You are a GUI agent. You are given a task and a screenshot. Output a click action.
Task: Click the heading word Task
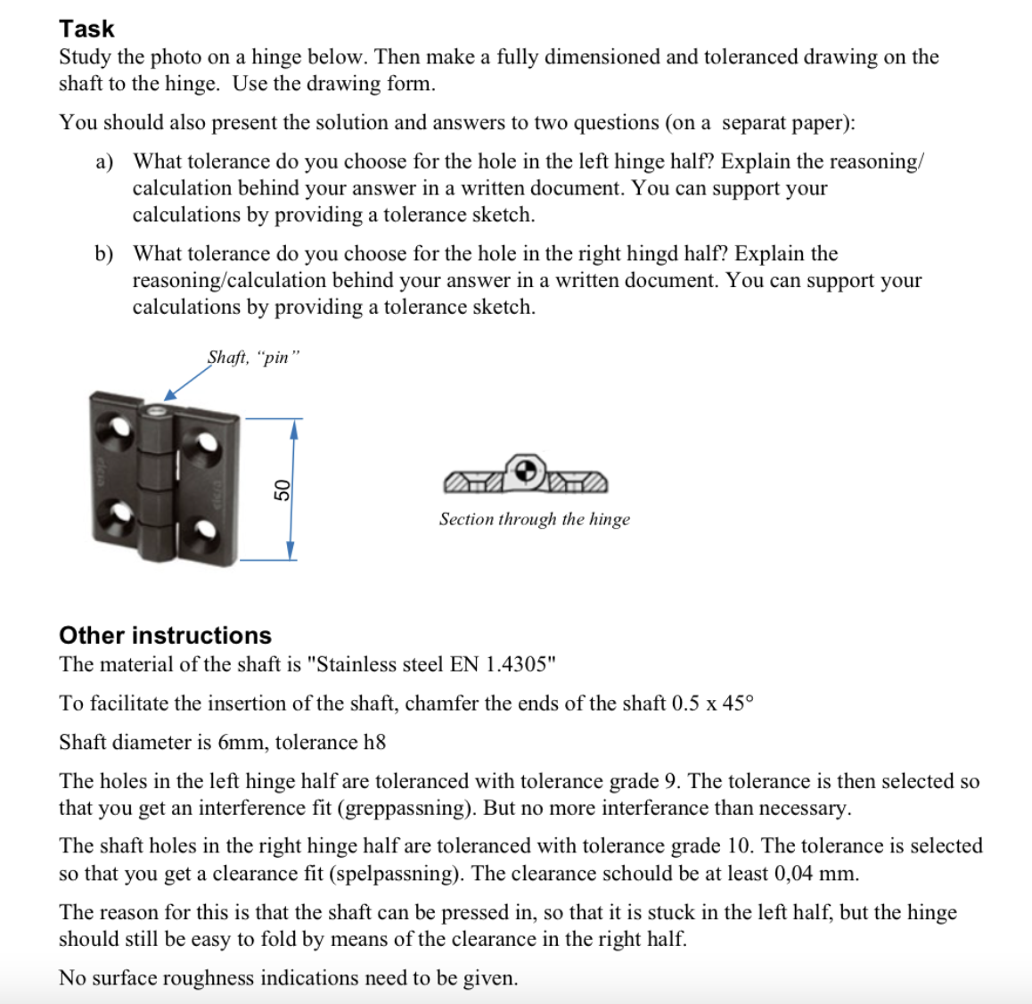click(x=86, y=29)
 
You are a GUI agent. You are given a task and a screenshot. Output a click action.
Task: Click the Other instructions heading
click(x=165, y=635)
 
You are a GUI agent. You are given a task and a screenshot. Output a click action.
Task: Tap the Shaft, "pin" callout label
click(x=254, y=358)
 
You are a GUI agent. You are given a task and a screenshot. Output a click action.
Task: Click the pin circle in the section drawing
click(x=527, y=470)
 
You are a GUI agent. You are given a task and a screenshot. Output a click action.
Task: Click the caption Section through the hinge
click(x=534, y=519)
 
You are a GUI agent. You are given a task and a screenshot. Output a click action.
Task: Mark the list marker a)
click(x=104, y=161)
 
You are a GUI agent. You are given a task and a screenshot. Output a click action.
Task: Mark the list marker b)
click(x=104, y=254)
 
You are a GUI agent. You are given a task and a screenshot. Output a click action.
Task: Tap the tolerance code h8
click(x=374, y=742)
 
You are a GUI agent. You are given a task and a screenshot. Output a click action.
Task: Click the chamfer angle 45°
click(x=737, y=704)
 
